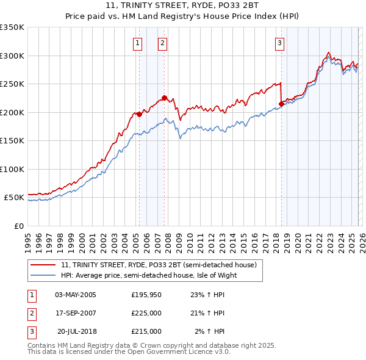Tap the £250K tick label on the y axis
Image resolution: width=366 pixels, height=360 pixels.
click(x=12, y=84)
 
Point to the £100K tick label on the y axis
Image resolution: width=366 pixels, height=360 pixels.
click(x=12, y=169)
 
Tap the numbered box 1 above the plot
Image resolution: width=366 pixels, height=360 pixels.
click(x=138, y=43)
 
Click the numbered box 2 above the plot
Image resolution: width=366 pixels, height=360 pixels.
click(x=163, y=43)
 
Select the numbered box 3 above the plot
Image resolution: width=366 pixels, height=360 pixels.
click(x=279, y=43)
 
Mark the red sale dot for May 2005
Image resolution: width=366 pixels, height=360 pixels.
click(x=139, y=114)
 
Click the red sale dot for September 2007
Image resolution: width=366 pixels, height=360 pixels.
click(x=165, y=98)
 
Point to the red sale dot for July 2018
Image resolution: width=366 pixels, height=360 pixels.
click(x=281, y=104)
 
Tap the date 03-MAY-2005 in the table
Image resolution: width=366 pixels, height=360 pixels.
click(x=76, y=295)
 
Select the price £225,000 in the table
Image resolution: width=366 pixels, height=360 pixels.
click(x=146, y=313)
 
